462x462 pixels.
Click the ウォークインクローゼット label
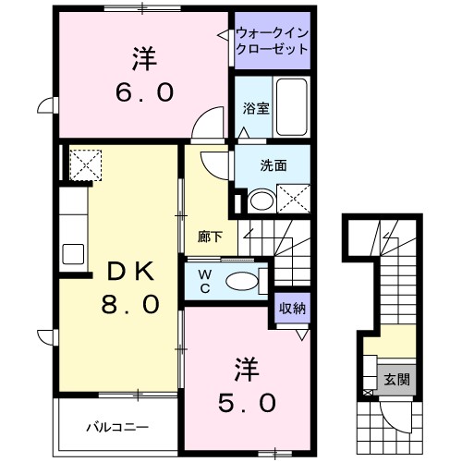[x=272, y=41]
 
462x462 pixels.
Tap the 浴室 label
[x=256, y=108]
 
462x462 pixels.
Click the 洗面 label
[x=272, y=166]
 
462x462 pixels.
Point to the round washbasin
[x=260, y=201]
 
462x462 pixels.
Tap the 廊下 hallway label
[x=210, y=236]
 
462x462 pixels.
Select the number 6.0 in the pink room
[x=144, y=92]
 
